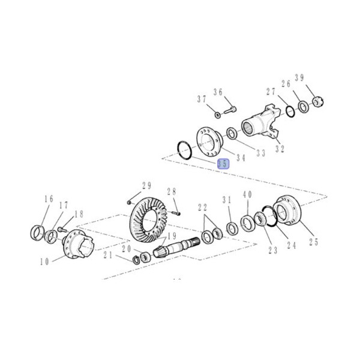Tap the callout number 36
(218, 92)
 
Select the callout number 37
(202, 99)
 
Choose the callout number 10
(44, 262)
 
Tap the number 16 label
(48, 199)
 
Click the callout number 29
(146, 185)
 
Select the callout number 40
(247, 196)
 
